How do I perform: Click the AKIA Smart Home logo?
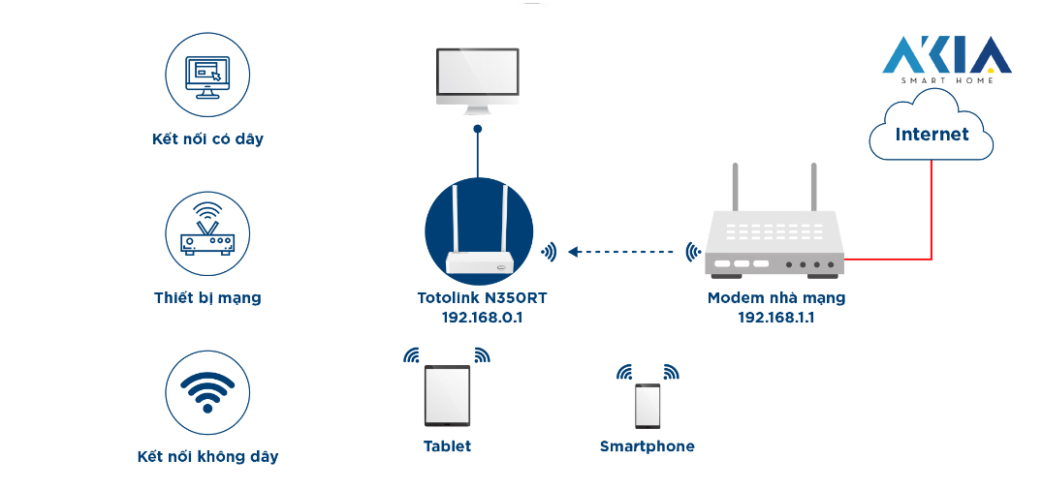point(946,59)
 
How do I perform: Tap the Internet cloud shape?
point(931,134)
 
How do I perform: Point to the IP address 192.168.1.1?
point(775,317)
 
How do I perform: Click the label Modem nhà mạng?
point(775,297)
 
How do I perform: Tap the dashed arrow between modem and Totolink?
point(620,252)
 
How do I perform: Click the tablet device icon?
point(447,395)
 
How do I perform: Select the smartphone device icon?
point(648,406)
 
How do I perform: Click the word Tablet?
point(447,446)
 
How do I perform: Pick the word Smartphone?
point(647,446)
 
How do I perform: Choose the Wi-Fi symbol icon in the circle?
point(207,391)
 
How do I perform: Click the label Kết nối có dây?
point(207,138)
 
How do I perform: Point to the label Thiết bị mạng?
point(207,297)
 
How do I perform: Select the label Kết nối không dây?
point(207,456)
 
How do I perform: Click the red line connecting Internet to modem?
point(932,213)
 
